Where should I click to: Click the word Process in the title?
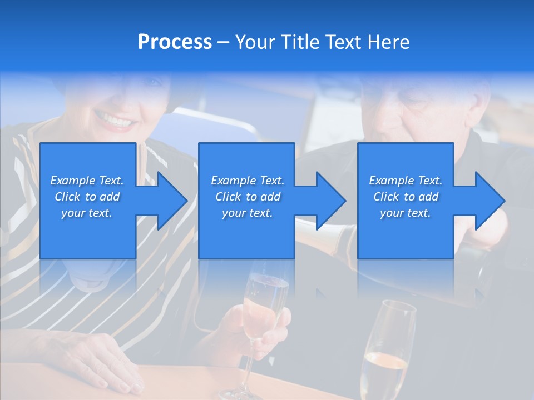[175, 42]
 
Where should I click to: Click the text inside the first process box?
[87, 197]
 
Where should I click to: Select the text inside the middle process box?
[248, 197]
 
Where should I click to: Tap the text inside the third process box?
[406, 197]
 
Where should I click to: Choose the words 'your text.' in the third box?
[406, 213]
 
